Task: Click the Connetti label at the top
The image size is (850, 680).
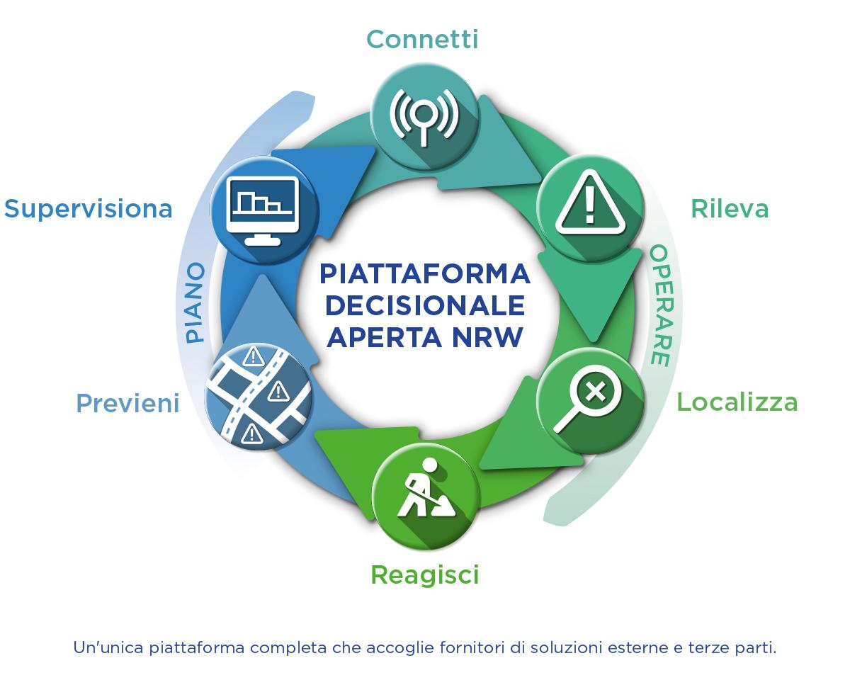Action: [422, 40]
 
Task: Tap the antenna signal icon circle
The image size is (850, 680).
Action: [424, 118]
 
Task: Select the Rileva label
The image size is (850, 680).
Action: [730, 209]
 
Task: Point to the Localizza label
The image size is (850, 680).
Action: [737, 402]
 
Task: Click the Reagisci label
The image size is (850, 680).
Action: [424, 575]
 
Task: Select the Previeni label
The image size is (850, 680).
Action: [127, 403]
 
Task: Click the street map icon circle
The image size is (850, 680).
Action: [259, 397]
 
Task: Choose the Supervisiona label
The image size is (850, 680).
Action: [88, 209]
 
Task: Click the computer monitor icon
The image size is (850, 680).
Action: [263, 210]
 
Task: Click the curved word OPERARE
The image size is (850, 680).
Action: [661, 305]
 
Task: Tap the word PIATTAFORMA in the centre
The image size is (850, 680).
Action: [424, 274]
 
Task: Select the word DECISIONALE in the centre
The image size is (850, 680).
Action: [424, 306]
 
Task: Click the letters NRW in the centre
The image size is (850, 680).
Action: [487, 337]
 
